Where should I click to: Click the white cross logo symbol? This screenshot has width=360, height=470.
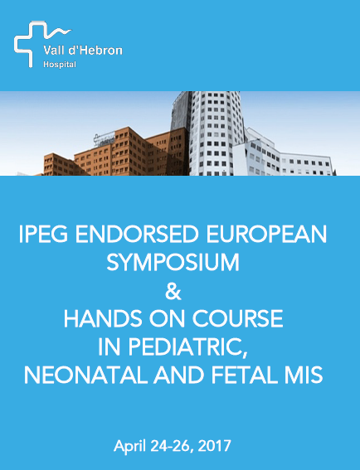(22, 45)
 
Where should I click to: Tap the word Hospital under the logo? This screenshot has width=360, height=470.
(60, 65)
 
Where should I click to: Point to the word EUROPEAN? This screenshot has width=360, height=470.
(267, 234)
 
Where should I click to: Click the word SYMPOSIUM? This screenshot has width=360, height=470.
(173, 262)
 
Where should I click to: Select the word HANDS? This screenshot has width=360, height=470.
(103, 318)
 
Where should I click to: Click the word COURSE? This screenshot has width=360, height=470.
(237, 318)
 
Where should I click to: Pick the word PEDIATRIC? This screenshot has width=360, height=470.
(188, 347)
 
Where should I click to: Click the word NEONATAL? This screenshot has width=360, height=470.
(85, 375)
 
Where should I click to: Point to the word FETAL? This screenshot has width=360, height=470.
(241, 375)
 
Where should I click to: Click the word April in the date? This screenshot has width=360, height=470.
(130, 446)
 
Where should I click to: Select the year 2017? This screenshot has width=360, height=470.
(215, 446)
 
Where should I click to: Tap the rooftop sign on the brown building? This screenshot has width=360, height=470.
(105, 139)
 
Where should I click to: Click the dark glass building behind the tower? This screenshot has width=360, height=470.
(181, 111)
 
